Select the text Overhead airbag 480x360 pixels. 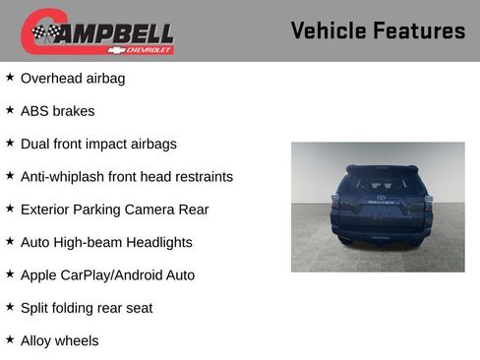click(x=73, y=78)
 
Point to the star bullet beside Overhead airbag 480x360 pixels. click(x=10, y=77)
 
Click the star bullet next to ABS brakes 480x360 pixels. click(x=10, y=110)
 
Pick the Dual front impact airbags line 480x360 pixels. click(x=98, y=144)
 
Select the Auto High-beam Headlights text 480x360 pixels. click(x=106, y=242)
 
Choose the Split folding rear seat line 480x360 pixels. click(x=87, y=308)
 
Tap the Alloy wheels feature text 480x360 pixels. click(x=59, y=341)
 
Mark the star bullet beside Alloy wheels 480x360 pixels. click(x=10, y=340)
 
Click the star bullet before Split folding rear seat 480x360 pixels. click(x=10, y=307)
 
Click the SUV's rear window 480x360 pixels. click(x=378, y=185)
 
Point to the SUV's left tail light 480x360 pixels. click(x=335, y=205)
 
